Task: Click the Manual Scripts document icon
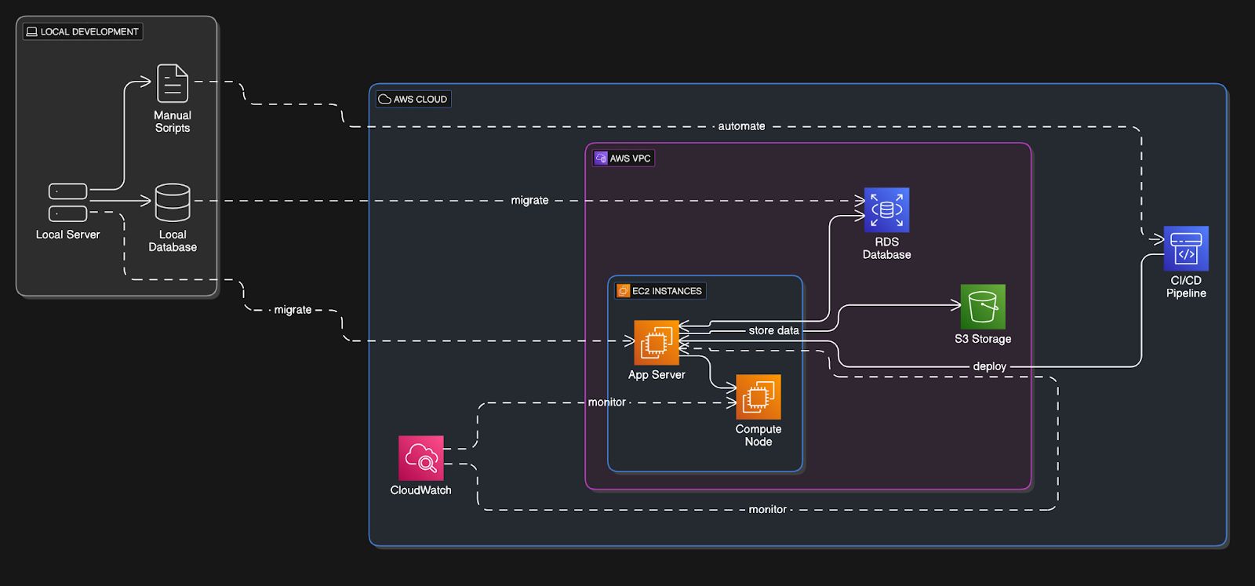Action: (x=173, y=83)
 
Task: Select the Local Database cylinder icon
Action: (x=173, y=202)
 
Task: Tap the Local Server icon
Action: (x=67, y=202)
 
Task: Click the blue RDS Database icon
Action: (x=886, y=209)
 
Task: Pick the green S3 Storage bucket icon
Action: (x=983, y=307)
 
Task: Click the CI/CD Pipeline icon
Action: (x=1185, y=248)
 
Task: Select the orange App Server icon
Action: (x=657, y=343)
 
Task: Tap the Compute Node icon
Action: (x=758, y=397)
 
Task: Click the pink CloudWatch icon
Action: (x=420, y=458)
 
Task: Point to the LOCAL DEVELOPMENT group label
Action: (x=83, y=32)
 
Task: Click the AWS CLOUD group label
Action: (x=413, y=100)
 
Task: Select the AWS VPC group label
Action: (x=624, y=158)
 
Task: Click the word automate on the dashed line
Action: (x=741, y=126)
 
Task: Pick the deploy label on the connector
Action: (x=989, y=366)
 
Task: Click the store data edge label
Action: (x=773, y=331)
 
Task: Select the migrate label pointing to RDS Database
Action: (x=529, y=201)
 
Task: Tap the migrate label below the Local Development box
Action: (x=293, y=310)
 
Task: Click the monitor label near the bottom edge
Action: (x=767, y=510)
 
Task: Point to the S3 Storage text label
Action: (x=983, y=339)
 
